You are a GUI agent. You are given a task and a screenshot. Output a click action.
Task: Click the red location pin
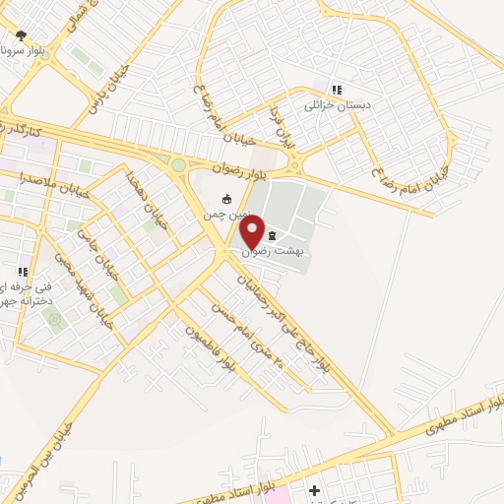coord(252,233)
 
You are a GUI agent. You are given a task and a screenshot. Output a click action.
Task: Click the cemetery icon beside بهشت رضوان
coord(272,235)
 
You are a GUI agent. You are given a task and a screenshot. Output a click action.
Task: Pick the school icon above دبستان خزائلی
coord(337,90)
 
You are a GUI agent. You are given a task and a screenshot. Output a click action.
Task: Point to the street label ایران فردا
coord(283,121)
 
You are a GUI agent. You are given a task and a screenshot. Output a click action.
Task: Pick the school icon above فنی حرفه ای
coord(22,272)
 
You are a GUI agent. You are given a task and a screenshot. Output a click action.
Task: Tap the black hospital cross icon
coord(315,490)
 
